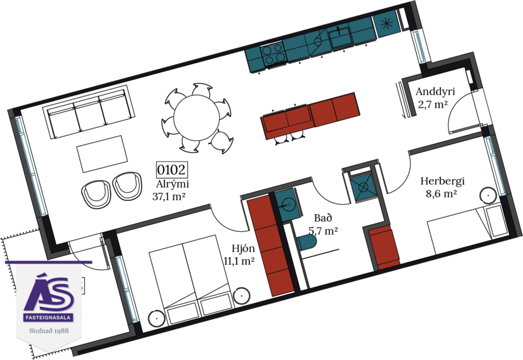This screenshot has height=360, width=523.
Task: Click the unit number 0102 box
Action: click(171, 170)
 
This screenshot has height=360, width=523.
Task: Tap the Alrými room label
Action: click(173, 184)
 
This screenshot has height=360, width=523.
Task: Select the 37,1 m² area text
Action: click(169, 196)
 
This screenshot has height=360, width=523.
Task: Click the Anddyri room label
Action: click(435, 92)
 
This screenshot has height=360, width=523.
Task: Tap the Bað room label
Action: click(323, 218)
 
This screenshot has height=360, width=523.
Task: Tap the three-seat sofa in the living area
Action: click(89, 113)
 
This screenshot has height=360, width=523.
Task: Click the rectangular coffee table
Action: click(103, 153)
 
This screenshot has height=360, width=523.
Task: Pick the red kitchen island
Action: click(309, 116)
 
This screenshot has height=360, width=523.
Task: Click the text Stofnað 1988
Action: click(49, 330)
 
